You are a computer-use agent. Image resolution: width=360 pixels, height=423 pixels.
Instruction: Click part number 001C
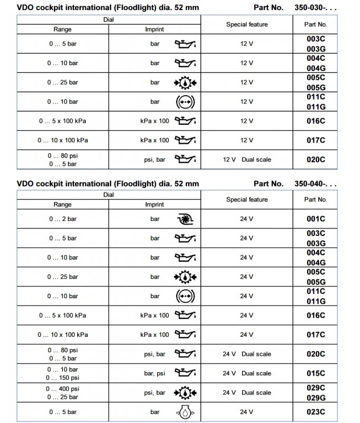(x=315, y=219)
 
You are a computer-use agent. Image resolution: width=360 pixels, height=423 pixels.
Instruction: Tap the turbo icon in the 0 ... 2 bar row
(x=184, y=219)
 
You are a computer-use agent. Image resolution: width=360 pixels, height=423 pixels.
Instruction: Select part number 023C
(x=315, y=412)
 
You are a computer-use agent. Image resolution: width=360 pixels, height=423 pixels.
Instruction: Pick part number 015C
(x=315, y=373)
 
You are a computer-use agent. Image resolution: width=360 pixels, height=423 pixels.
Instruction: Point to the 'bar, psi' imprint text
(x=155, y=373)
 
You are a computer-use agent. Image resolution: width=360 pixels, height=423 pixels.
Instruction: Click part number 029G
(x=315, y=398)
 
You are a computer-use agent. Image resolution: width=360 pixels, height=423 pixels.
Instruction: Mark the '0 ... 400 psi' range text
(x=62, y=389)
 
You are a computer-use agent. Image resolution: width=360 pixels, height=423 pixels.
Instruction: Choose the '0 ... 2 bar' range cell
(x=62, y=219)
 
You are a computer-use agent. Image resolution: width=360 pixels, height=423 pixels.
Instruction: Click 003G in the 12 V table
(x=315, y=49)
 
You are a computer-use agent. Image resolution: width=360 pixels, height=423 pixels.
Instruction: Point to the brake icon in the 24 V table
(x=184, y=296)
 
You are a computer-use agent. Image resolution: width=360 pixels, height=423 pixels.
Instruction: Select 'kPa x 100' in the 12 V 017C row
(x=155, y=140)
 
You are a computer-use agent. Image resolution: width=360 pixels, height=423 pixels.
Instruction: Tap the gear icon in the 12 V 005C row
(x=184, y=82)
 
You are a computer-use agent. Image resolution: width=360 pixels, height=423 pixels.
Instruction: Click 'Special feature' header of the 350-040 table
(x=247, y=200)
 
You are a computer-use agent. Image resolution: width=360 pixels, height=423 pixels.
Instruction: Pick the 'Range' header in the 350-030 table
(x=62, y=30)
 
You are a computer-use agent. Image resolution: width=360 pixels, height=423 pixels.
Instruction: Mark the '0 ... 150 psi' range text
(x=62, y=378)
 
